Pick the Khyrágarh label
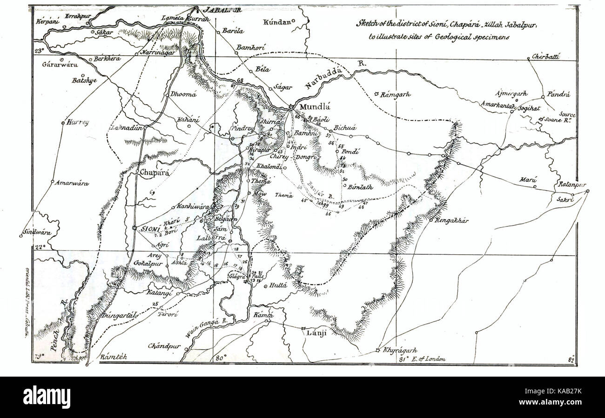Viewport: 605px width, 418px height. [x=400, y=350]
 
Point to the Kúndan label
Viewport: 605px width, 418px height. [x=277, y=22]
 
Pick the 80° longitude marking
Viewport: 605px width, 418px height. [x=220, y=358]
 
